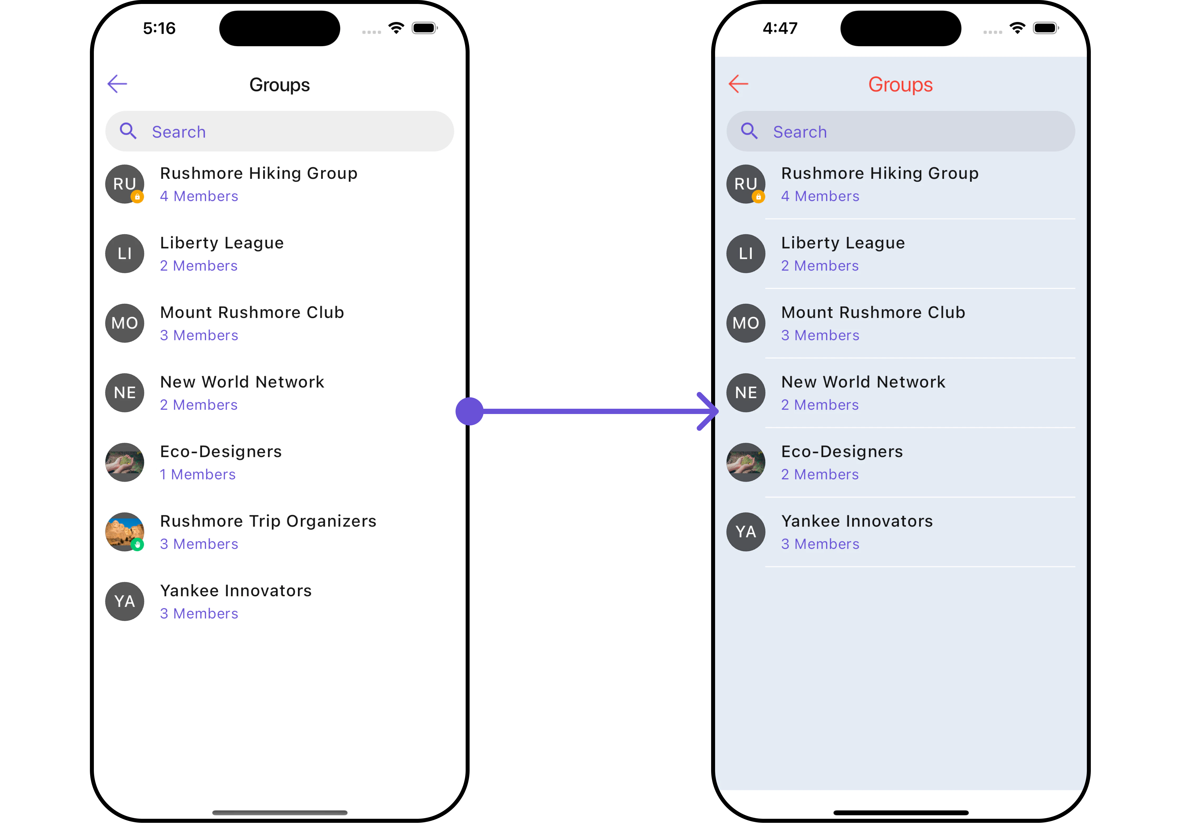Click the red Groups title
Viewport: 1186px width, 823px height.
tap(900, 85)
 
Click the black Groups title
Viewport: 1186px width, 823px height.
tap(279, 85)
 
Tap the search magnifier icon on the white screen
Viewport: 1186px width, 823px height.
tap(128, 131)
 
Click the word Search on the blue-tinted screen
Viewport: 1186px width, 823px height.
tap(800, 132)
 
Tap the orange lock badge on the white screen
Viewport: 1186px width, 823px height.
tap(137, 196)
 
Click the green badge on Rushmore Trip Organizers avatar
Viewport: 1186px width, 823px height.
tap(137, 545)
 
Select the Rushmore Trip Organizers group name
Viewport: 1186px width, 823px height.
tap(268, 521)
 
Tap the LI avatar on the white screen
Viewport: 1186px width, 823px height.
tap(125, 253)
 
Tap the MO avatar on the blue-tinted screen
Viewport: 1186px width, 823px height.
tap(746, 323)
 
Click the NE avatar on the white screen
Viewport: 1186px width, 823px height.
tap(125, 392)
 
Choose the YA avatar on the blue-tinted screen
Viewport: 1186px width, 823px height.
tap(746, 532)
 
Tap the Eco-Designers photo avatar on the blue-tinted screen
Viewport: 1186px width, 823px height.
tap(746, 462)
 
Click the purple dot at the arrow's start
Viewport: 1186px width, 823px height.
tap(469, 411)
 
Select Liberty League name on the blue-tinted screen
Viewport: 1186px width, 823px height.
tap(843, 243)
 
